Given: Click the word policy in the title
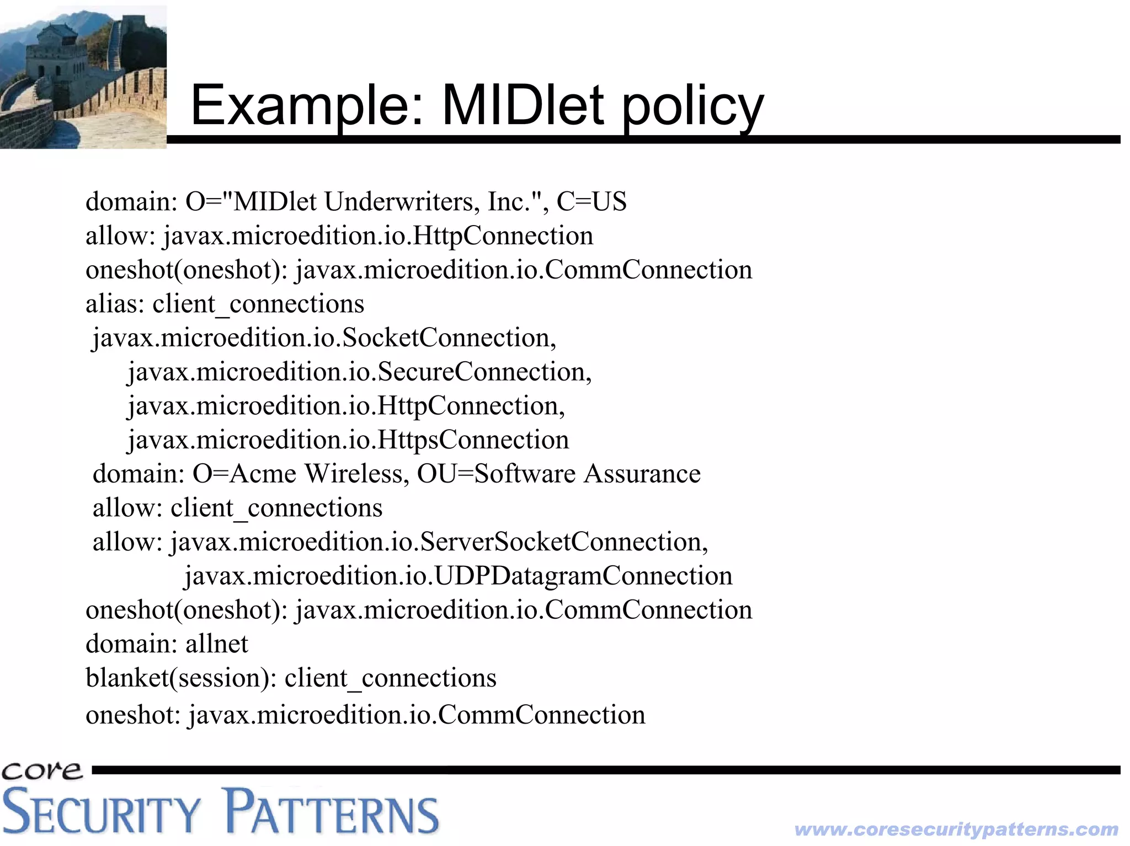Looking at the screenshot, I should pos(694,106).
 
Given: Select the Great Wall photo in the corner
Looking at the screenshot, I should pos(83,77).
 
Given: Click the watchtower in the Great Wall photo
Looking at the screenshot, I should pos(55,50).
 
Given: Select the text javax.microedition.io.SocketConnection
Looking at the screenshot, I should pos(324,338).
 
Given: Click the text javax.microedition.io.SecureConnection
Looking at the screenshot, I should pos(359,372).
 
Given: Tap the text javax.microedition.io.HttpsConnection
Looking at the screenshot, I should pos(348,440).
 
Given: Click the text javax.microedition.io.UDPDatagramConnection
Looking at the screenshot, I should pos(458,576).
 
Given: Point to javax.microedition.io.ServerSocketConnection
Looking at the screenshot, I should pos(439,542).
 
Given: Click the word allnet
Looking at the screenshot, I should pos(217,644).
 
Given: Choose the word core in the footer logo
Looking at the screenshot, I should pos(42,770).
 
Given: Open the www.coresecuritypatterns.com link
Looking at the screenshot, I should pos(956,829).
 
